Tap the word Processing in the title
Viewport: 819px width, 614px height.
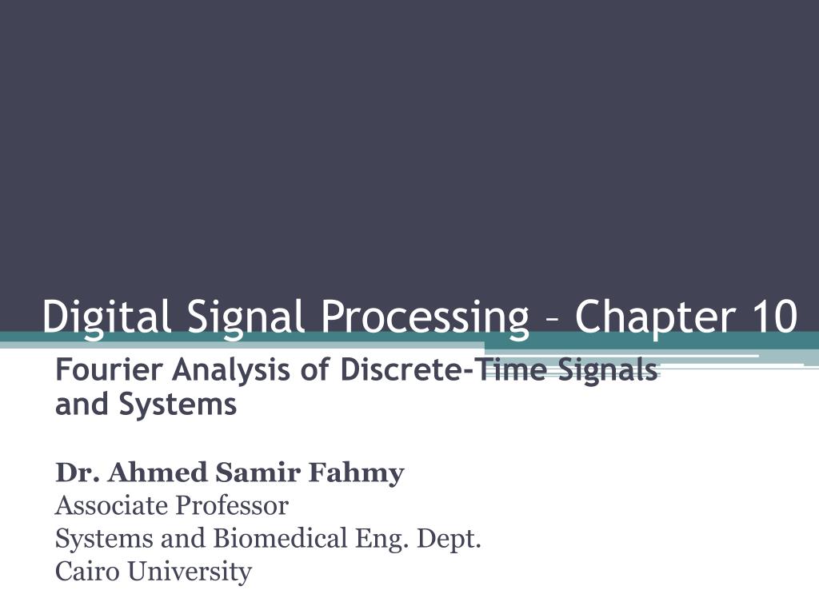[425, 316]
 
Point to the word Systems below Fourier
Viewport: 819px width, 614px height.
[178, 405]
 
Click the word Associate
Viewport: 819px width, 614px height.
[111, 506]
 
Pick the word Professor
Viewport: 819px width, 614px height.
[231, 506]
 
